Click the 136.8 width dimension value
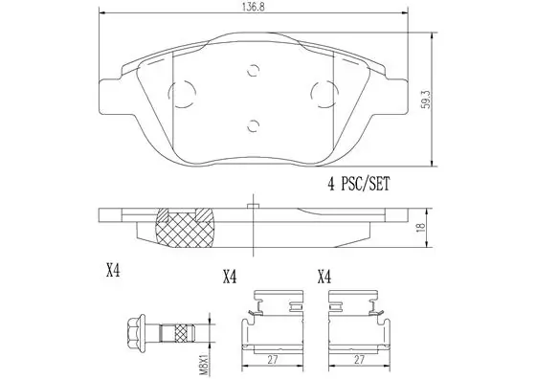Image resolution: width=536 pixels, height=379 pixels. [x=254, y=8]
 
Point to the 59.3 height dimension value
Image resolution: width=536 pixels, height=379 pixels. [x=426, y=100]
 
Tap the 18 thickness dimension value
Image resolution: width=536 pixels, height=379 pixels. [x=421, y=227]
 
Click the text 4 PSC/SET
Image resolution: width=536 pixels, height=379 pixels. [x=358, y=184]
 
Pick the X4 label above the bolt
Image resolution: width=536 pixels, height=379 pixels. [x=113, y=271]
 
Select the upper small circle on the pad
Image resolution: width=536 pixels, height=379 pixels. [x=254, y=71]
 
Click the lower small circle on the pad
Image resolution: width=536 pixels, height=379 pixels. [x=253, y=125]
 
